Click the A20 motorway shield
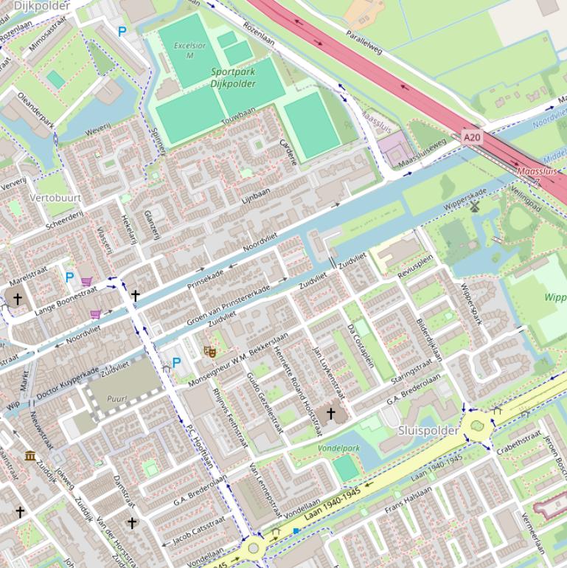472,136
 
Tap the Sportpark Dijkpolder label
233,78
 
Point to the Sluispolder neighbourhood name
428,429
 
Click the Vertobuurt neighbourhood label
55,198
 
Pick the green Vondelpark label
338,448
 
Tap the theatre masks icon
210,352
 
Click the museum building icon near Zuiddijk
30,456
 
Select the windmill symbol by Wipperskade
474,207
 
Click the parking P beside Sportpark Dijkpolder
122,32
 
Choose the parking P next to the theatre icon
176,362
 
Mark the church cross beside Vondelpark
331,414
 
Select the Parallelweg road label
364,41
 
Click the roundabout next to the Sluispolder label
478,426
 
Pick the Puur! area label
117,398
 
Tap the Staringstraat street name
411,369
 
